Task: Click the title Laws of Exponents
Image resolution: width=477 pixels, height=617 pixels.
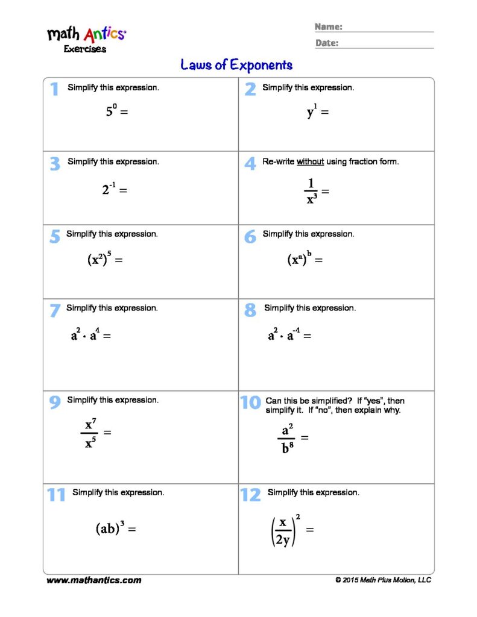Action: (x=236, y=65)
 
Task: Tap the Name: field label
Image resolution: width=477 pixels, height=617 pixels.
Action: (x=329, y=27)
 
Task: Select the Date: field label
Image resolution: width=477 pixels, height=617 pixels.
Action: (x=327, y=43)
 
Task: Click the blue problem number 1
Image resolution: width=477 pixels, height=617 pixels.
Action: (x=54, y=90)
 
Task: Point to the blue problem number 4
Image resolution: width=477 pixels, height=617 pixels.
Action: (x=250, y=163)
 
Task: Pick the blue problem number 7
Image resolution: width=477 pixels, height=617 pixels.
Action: (x=54, y=311)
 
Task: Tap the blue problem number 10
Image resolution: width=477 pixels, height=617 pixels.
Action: (x=250, y=402)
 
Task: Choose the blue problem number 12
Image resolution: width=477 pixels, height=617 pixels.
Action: (x=250, y=495)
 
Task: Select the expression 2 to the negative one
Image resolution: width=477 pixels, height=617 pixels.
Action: (x=109, y=189)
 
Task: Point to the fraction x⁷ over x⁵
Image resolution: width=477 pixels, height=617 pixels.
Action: (x=90, y=433)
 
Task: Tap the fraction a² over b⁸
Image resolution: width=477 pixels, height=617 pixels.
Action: (x=286, y=439)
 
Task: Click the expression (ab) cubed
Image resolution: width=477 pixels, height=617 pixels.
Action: (x=110, y=528)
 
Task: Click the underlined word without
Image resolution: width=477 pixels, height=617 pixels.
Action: (x=310, y=161)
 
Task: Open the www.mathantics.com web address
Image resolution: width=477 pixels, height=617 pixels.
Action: (x=94, y=580)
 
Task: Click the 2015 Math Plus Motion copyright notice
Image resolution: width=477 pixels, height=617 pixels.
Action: (x=383, y=580)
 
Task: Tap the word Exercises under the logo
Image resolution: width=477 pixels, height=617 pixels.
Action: (x=85, y=49)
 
